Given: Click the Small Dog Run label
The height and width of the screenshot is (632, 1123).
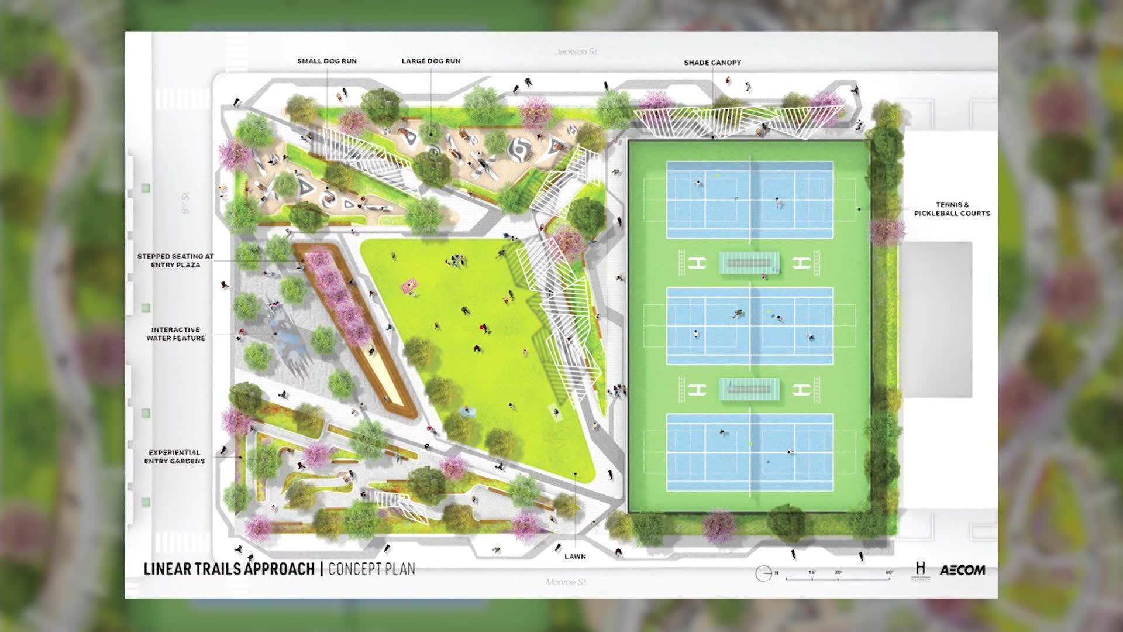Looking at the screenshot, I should pyautogui.click(x=326, y=61).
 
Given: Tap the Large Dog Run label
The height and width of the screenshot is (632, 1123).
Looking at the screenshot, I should pyautogui.click(x=430, y=61).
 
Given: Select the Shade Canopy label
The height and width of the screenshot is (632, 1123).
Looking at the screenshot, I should pyautogui.click(x=712, y=63).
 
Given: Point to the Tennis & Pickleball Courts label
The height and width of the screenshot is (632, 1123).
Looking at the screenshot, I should pyautogui.click(x=952, y=209).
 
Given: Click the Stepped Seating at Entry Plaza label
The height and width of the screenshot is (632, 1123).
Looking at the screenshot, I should pyautogui.click(x=175, y=260).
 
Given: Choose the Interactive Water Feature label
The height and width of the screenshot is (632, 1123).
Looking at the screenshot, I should pyautogui.click(x=175, y=334).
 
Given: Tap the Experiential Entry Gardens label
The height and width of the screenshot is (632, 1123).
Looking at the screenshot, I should pyautogui.click(x=174, y=457).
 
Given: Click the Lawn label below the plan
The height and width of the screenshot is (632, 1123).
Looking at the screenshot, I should pyautogui.click(x=575, y=557).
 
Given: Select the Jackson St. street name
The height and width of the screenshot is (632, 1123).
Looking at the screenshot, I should pyautogui.click(x=576, y=52).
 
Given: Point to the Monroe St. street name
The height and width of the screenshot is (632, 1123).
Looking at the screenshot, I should pyautogui.click(x=566, y=582).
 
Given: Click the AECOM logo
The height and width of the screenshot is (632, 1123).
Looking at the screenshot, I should pyautogui.click(x=962, y=570).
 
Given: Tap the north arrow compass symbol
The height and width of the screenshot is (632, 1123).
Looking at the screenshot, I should pyautogui.click(x=763, y=573).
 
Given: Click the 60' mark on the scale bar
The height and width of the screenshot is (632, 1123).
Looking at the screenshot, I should pyautogui.click(x=889, y=572).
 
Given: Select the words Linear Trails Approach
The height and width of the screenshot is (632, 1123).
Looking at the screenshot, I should pyautogui.click(x=229, y=569).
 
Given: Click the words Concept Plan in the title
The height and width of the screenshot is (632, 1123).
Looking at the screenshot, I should pyautogui.click(x=371, y=569).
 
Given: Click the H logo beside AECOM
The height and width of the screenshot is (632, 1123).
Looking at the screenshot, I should pyautogui.click(x=921, y=569).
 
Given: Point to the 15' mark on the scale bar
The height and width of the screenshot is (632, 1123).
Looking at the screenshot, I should pyautogui.click(x=812, y=572).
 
